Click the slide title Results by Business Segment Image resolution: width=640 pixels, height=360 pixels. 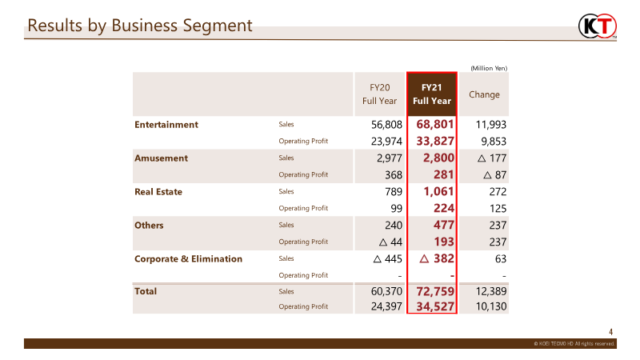(140, 26)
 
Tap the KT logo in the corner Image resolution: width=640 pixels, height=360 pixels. (598, 26)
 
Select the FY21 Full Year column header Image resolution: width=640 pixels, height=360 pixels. (432, 94)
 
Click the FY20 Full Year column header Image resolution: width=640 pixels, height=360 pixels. (379, 94)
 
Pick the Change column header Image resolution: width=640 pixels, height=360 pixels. (484, 94)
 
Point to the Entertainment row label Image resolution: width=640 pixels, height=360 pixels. (166, 125)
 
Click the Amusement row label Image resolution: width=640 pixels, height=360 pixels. (162, 158)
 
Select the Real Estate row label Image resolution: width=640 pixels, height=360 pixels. (158, 192)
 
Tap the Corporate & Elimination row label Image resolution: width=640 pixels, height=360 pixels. (188, 259)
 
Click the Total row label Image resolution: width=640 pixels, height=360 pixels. (146, 292)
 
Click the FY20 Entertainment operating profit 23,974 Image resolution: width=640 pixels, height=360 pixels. (382, 141)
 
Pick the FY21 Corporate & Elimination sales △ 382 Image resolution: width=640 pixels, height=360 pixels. (437, 259)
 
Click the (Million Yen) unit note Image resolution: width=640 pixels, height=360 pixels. (488, 68)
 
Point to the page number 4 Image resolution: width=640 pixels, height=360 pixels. (611, 332)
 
